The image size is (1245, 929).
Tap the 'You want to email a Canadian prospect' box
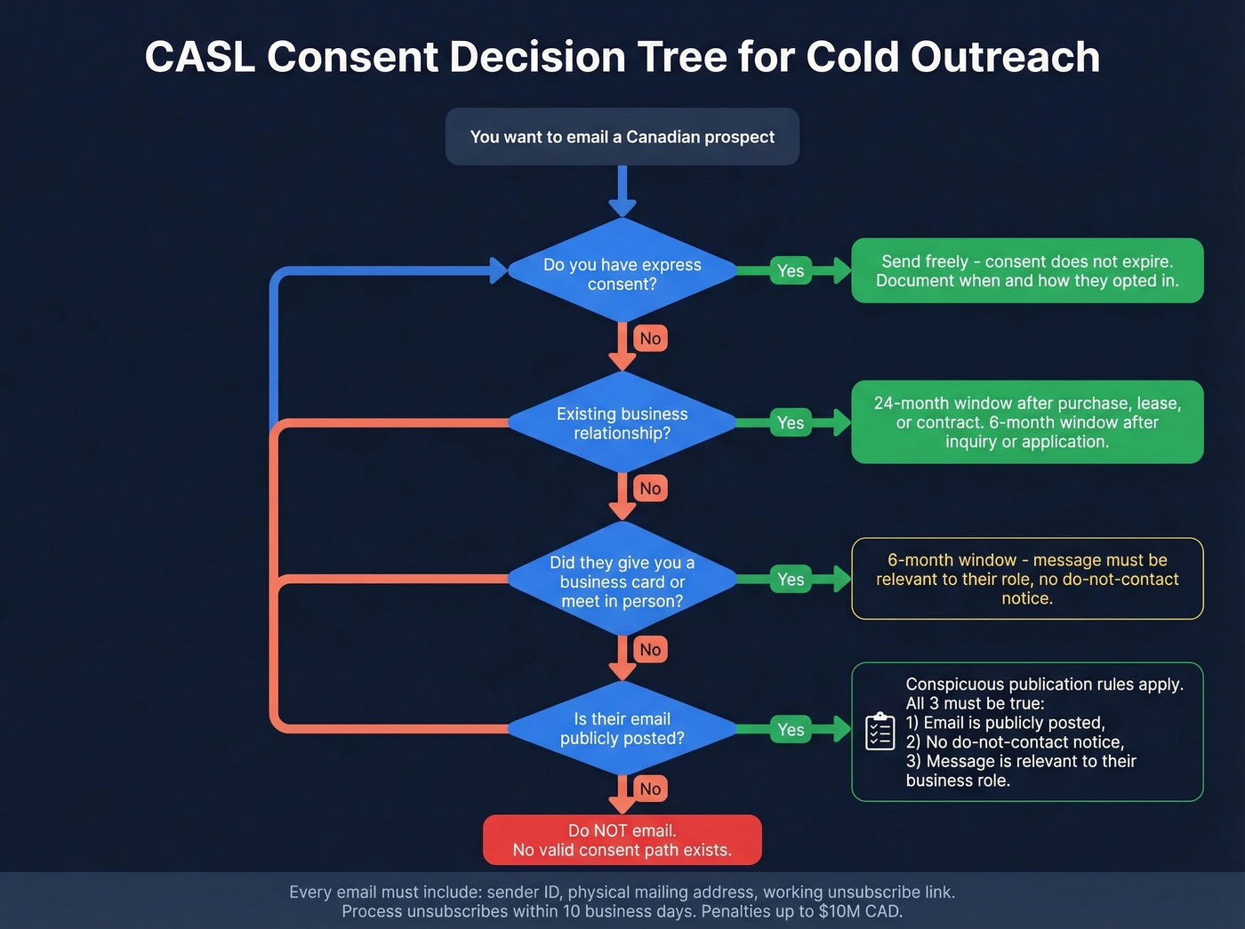(622, 137)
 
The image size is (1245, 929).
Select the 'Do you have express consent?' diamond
(622, 274)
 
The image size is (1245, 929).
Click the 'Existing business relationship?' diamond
(622, 423)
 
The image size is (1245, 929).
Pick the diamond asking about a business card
(622, 581)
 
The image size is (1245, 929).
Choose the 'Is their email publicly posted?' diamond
(622, 729)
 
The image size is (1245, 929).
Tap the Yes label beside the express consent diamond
(790, 271)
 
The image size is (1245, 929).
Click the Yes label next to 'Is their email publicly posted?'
(790, 730)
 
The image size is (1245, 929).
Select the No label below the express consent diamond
(650, 339)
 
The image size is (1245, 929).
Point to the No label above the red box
(650, 789)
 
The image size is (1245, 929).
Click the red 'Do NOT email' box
(622, 840)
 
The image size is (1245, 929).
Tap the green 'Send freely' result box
(1027, 271)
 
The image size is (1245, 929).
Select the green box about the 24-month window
(1027, 422)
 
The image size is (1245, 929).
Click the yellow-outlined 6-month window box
(1027, 579)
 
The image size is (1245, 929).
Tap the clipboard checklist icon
(880, 732)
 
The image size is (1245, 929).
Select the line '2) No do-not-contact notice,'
(1015, 742)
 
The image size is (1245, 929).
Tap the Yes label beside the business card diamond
(790, 580)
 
